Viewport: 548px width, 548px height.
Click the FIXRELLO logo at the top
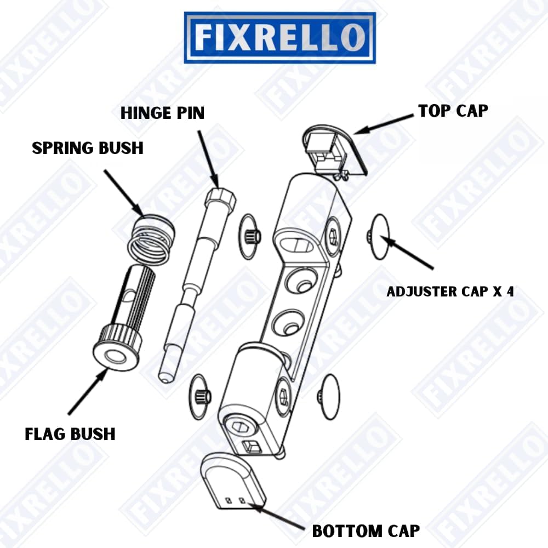(279, 38)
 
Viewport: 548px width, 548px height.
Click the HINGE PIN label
(163, 113)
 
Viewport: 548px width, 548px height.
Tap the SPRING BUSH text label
(88, 147)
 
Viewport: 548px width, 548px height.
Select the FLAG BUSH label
(70, 434)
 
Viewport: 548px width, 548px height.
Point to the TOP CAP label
(453, 110)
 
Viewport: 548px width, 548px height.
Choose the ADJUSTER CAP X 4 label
(450, 291)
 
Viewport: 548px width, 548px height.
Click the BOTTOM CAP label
(366, 530)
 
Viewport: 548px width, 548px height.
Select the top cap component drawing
(334, 149)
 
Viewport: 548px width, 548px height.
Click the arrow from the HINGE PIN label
(207, 156)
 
